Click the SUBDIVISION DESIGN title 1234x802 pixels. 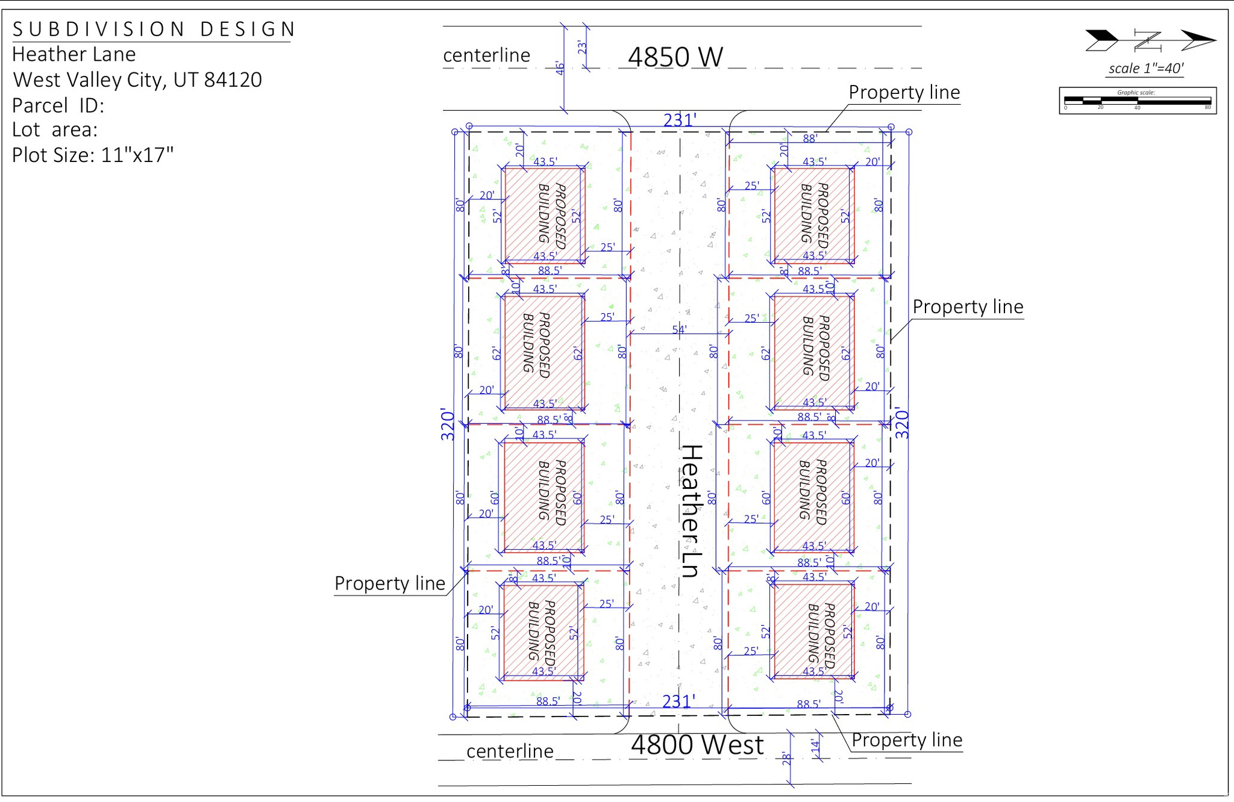(x=154, y=29)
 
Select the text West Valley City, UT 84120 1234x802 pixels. (x=137, y=79)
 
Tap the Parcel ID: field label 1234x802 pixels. (x=58, y=105)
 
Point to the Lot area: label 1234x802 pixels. (x=54, y=130)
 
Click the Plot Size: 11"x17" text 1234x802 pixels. (x=93, y=155)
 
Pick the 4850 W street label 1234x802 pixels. (x=675, y=57)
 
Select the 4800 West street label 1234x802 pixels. (x=697, y=745)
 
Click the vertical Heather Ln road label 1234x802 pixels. (x=691, y=511)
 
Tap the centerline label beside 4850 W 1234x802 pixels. (x=487, y=55)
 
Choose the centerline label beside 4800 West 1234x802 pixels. (x=510, y=751)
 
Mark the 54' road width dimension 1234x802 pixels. (x=679, y=329)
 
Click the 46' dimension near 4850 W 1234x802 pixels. (x=560, y=68)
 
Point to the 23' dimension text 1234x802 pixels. (x=582, y=47)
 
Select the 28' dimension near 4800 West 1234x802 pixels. (x=786, y=759)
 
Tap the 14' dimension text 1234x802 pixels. (x=815, y=747)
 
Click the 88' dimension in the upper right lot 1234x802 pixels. (x=810, y=138)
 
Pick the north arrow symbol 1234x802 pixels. (x=1150, y=41)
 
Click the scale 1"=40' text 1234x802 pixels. (x=1146, y=69)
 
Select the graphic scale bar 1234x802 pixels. (x=1138, y=101)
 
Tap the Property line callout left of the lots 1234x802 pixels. (x=390, y=583)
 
